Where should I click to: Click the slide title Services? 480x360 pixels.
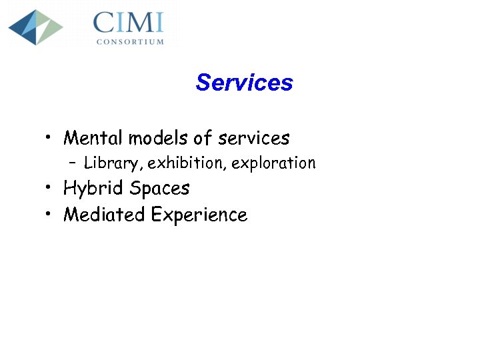[244, 83]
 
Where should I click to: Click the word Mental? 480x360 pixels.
[93, 138]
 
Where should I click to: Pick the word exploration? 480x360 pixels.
[273, 163]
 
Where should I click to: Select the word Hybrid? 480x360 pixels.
[93, 189]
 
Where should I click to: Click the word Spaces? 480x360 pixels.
[159, 189]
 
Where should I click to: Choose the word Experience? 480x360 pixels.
[199, 215]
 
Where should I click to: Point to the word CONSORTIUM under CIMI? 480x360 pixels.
[129, 41]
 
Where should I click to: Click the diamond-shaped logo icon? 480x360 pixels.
[35, 27]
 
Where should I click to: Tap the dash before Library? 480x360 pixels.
[72, 163]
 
